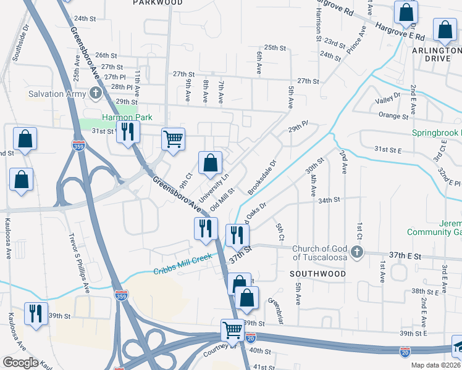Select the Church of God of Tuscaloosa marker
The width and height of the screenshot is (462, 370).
[x=356, y=252]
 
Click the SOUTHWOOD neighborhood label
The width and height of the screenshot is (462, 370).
[x=319, y=273]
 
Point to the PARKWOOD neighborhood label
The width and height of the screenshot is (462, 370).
[x=158, y=3]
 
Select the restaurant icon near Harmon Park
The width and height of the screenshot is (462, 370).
[x=128, y=132]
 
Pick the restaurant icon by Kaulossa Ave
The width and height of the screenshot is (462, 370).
[x=36, y=313]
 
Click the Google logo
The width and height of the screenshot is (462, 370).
[x=20, y=363]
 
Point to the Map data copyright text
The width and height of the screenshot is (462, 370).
[x=435, y=365]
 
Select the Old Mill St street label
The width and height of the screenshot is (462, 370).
[x=222, y=200]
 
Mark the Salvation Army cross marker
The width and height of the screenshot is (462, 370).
[x=95, y=94]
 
